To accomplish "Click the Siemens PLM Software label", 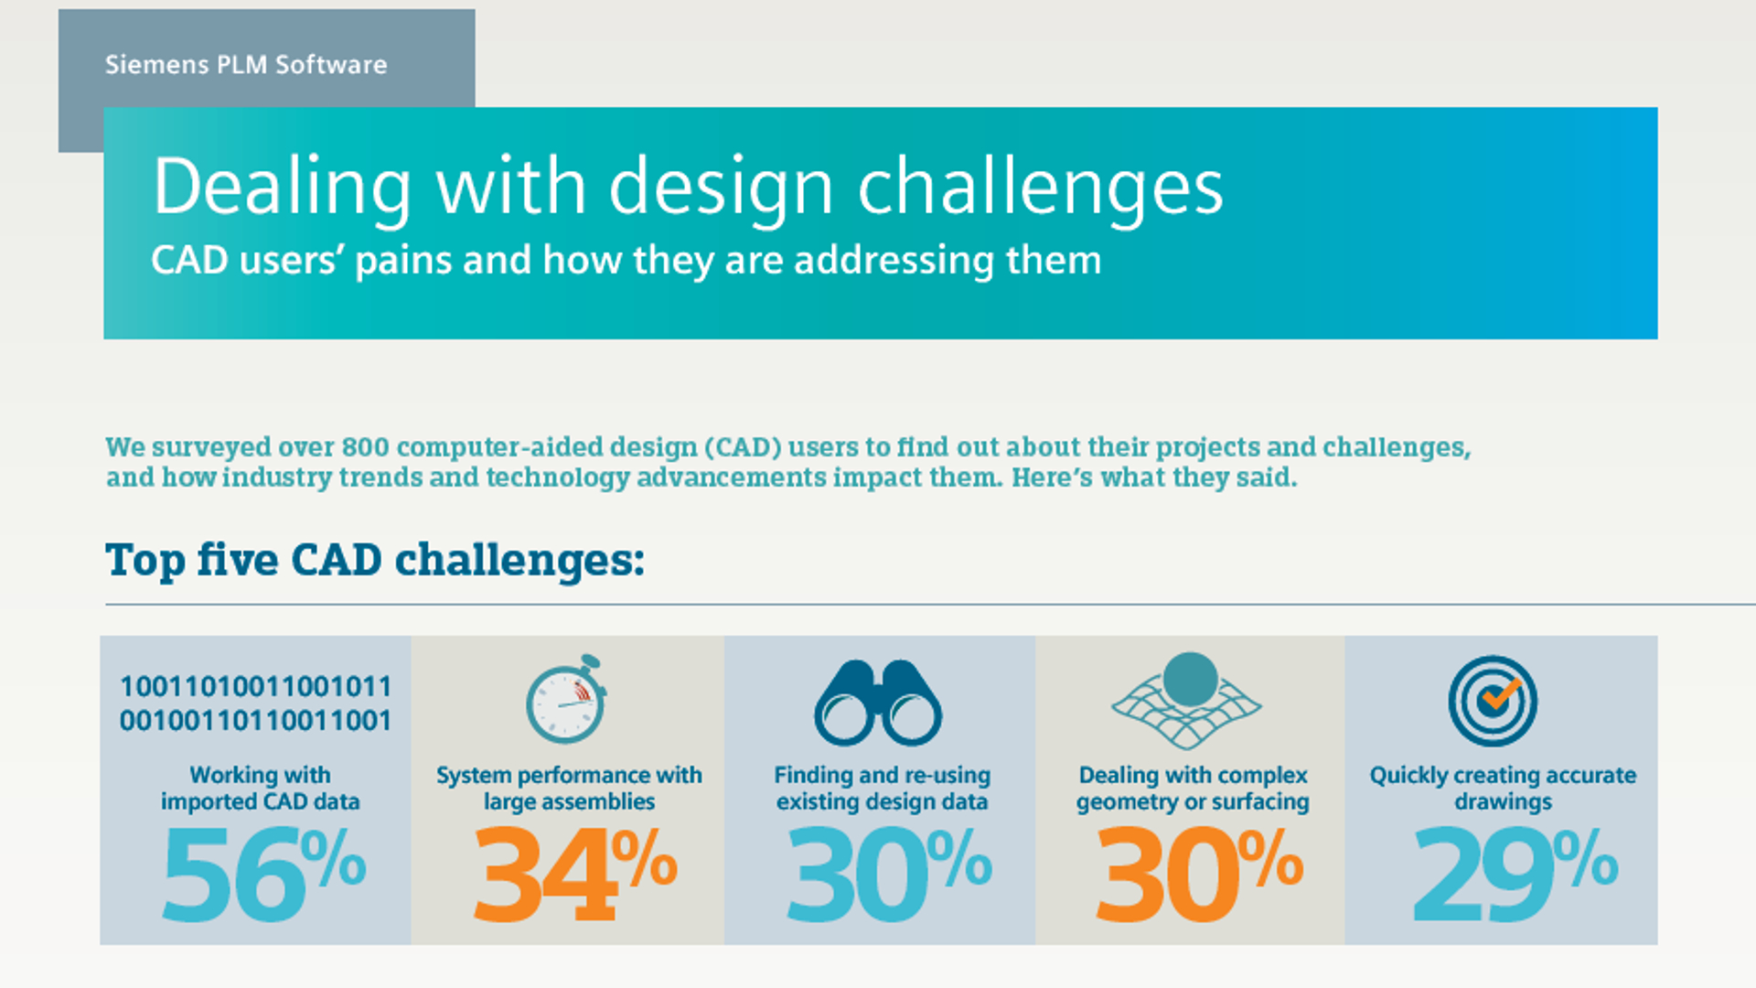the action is click(x=246, y=65).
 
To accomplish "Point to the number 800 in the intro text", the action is click(x=364, y=446).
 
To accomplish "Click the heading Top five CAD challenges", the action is click(x=375, y=560).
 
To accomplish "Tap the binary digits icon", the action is click(x=256, y=703).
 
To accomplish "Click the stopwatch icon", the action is click(x=567, y=698).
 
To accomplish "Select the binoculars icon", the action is click(x=878, y=703).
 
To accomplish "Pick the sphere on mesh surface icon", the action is click(x=1187, y=700).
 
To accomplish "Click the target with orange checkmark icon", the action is click(x=1493, y=701).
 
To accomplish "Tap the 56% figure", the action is click(x=263, y=874).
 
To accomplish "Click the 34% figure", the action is click(x=575, y=874).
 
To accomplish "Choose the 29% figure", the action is click(x=1515, y=874).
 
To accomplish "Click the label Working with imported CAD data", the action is click(x=261, y=789).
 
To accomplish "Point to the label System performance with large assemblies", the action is click(x=569, y=789).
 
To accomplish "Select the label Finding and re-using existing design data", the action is click(x=883, y=789).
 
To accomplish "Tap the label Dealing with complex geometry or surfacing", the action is click(x=1193, y=789).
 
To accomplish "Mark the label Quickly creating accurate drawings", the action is click(x=1503, y=789).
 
